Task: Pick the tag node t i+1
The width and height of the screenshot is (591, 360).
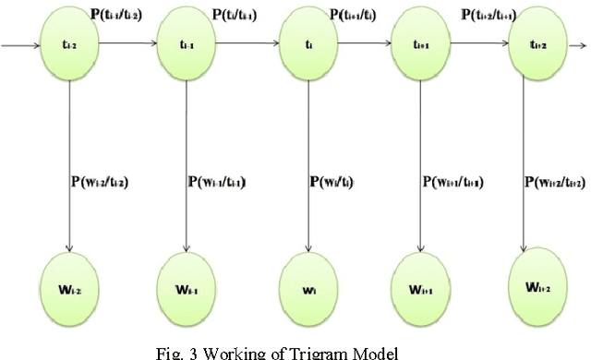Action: (x=422, y=43)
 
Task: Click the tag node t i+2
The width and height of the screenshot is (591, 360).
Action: (x=538, y=43)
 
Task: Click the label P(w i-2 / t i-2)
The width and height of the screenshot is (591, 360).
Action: (x=112, y=182)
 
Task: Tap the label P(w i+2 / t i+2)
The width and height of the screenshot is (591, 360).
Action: (x=560, y=182)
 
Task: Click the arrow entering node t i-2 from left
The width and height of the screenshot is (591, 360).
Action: (x=20, y=43)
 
